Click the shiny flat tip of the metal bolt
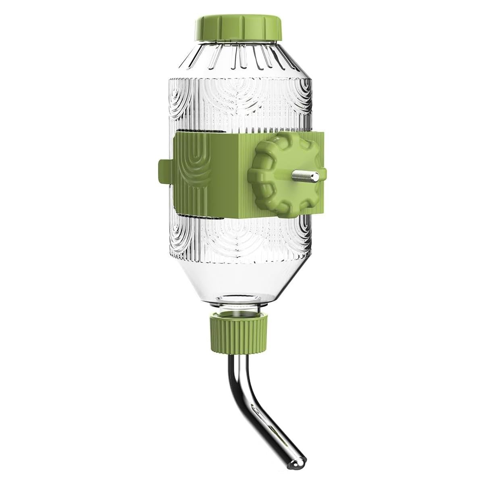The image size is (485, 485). click(317, 175)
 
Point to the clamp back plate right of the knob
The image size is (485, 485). click(318, 153)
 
